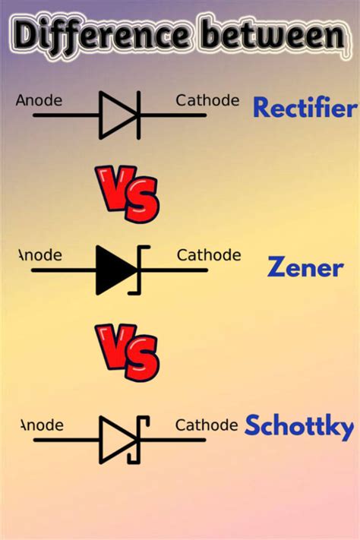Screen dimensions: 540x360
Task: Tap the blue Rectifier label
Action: [x=304, y=109]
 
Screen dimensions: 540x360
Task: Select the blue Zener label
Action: [x=305, y=267]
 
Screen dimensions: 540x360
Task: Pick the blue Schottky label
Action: [x=298, y=427]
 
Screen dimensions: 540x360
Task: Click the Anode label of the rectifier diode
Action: [x=39, y=100]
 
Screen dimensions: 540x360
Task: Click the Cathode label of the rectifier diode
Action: [x=207, y=100]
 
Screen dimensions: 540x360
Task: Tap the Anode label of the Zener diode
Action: [x=39, y=255]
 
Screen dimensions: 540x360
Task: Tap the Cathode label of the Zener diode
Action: [x=209, y=255]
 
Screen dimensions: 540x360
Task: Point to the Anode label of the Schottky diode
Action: [x=41, y=425]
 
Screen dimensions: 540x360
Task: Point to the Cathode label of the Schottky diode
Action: [x=207, y=425]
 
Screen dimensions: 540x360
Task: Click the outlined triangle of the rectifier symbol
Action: [x=116, y=115]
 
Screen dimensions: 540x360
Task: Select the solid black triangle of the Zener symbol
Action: [x=114, y=270]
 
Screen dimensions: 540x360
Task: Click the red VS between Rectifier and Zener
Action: [x=128, y=194]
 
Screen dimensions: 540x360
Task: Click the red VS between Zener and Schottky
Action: [x=128, y=352]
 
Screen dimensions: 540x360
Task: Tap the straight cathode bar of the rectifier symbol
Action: [x=138, y=115]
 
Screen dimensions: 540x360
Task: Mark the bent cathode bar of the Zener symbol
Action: [x=140, y=270]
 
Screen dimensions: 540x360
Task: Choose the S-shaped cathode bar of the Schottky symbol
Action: [x=140, y=440]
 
